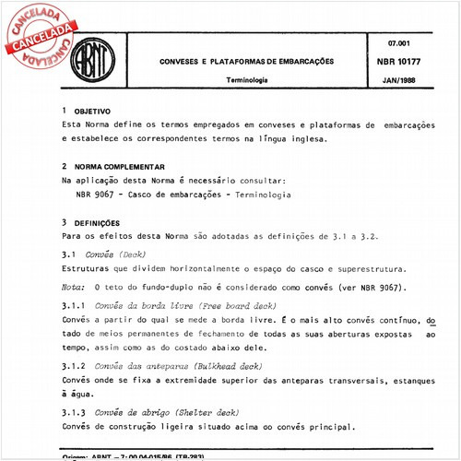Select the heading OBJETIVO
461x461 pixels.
(92, 110)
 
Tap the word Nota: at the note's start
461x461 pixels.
(70, 288)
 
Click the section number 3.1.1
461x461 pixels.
(73, 307)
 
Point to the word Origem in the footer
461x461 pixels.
(76, 455)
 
